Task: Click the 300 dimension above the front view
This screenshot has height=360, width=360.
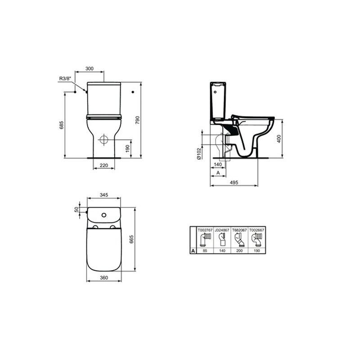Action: point(90,68)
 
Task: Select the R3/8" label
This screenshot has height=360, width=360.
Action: point(66,79)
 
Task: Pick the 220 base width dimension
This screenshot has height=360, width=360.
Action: point(103,166)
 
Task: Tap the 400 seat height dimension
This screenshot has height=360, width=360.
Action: point(279,139)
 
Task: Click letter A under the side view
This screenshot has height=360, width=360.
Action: point(218,172)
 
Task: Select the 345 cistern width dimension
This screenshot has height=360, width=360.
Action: point(103,195)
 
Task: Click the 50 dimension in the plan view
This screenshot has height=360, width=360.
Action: point(76,210)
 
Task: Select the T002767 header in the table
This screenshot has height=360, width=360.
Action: point(205,229)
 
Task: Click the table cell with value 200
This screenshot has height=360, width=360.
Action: point(239,251)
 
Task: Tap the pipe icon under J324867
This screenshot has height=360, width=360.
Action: point(222,239)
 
